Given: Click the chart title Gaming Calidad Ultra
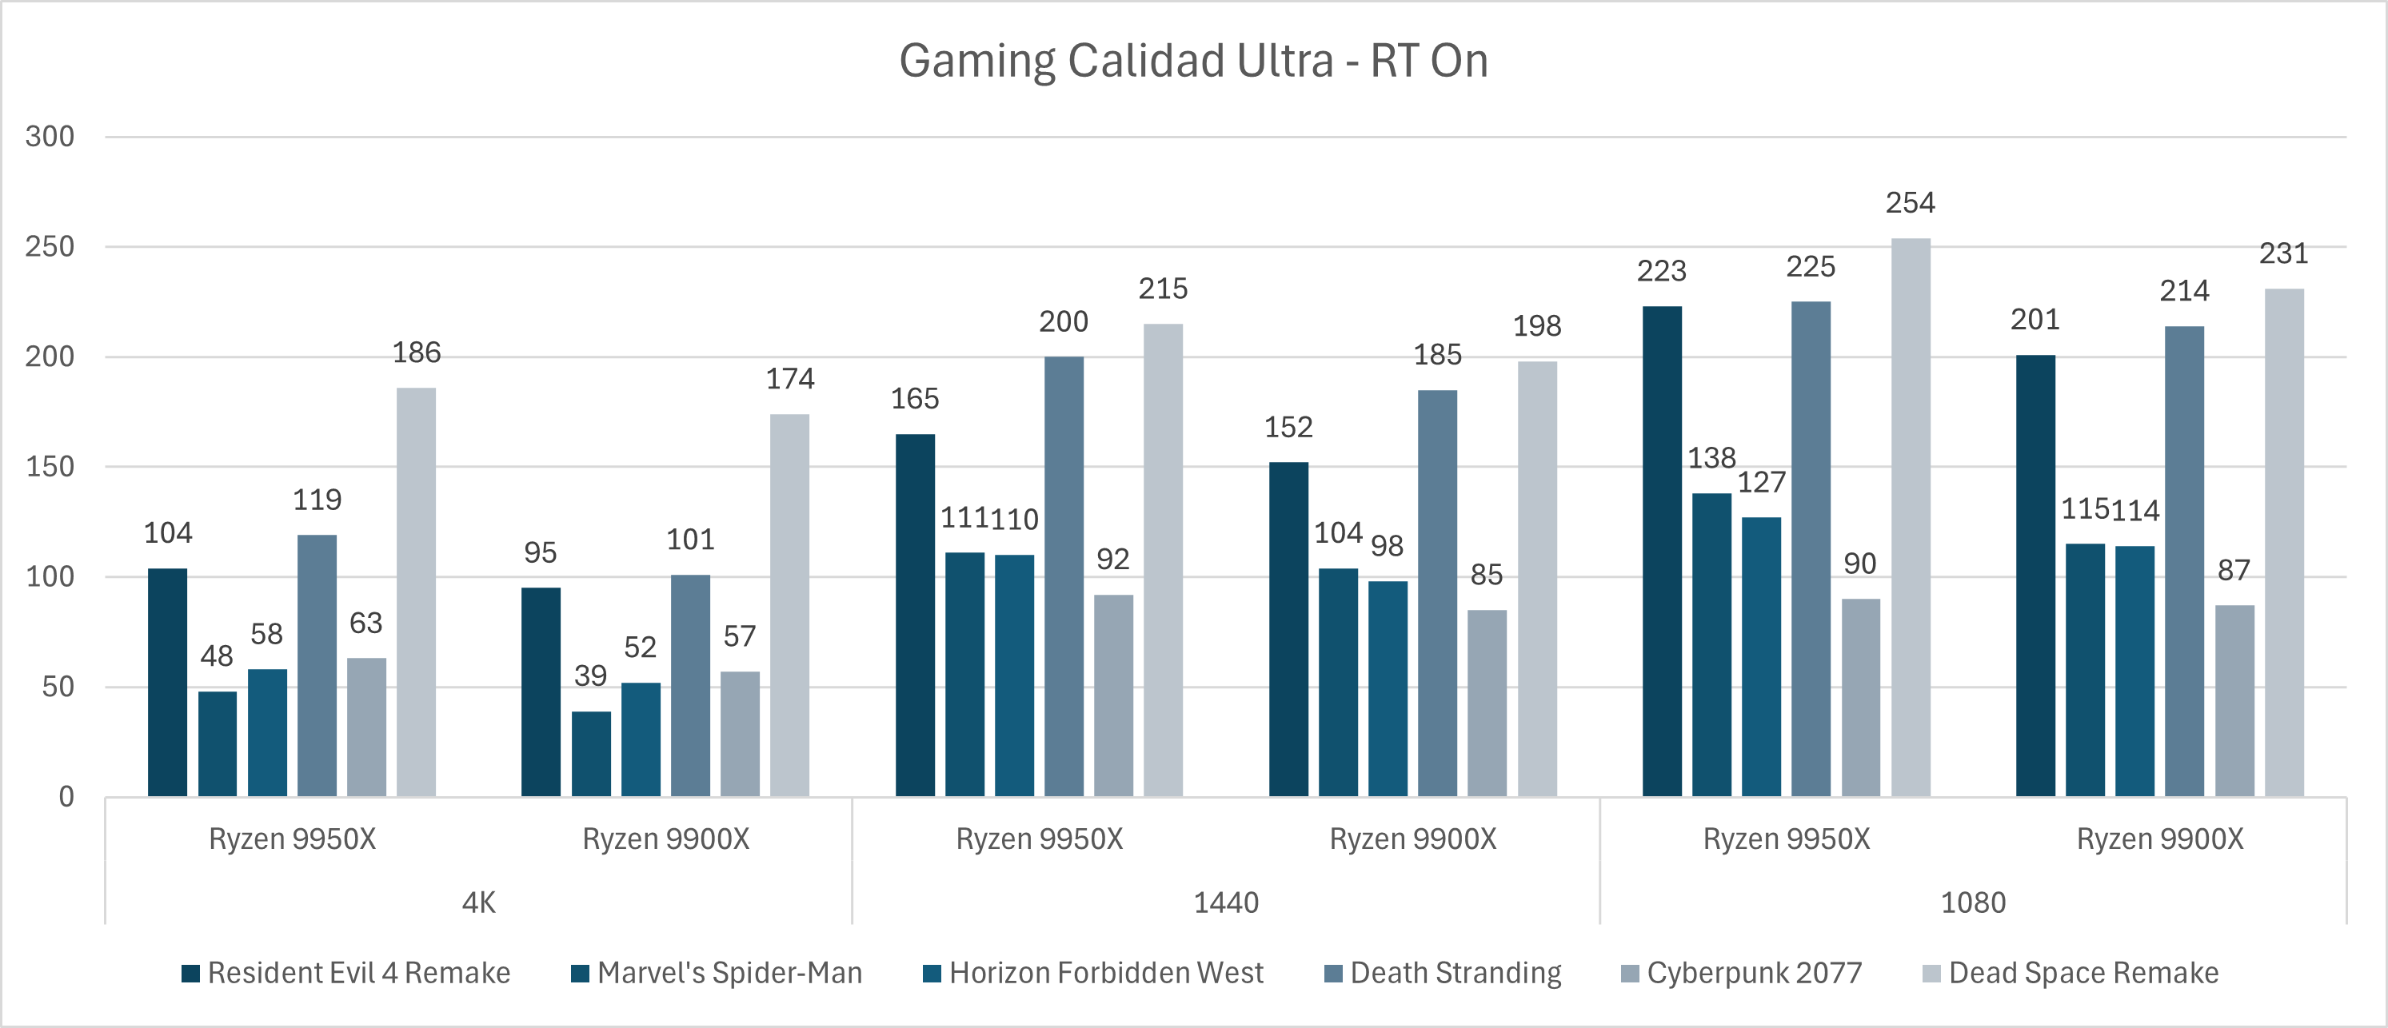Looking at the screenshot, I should [1193, 62].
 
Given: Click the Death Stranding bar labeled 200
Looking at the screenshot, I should [1064, 576].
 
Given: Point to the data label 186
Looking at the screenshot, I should [416, 353].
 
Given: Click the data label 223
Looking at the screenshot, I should [1661, 271].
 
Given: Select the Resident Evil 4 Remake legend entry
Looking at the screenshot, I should [347, 972].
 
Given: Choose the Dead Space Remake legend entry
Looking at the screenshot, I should [2071, 972].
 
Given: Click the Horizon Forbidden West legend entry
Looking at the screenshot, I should [1094, 972].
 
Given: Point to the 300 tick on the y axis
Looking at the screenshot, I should [50, 136].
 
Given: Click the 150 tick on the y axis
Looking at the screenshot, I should [50, 466].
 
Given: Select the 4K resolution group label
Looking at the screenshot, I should [478, 902].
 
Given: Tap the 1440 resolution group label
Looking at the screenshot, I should [1225, 902].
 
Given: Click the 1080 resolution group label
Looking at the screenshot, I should [1973, 902].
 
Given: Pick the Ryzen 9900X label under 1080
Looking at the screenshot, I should [2159, 839].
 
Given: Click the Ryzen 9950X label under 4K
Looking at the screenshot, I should [292, 839].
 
